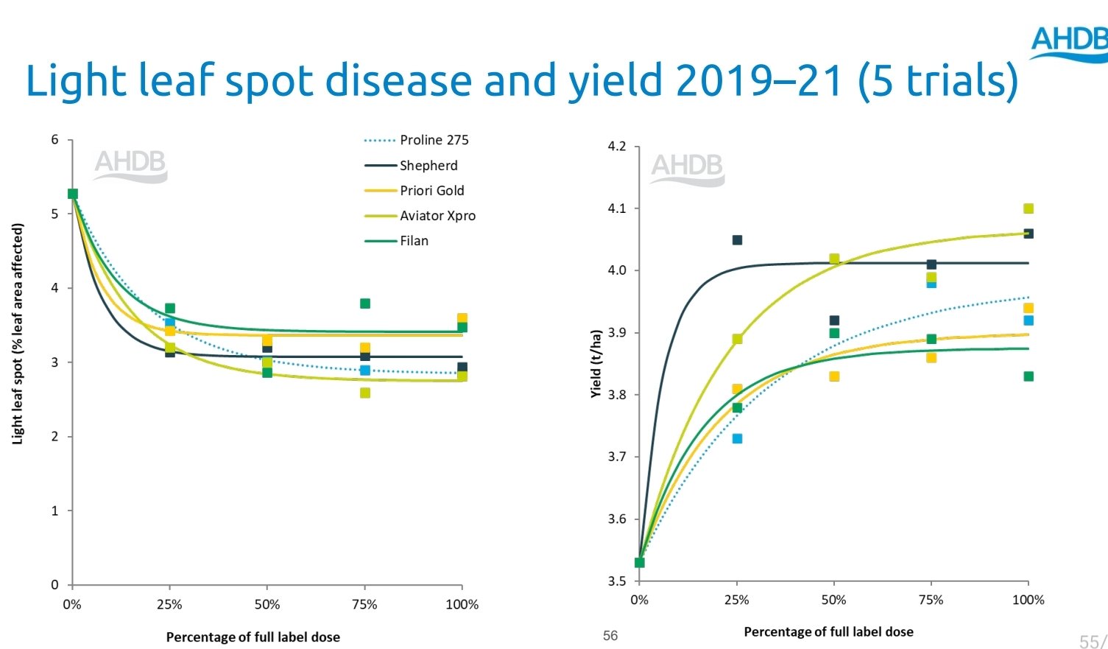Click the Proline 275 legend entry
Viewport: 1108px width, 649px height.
point(434,140)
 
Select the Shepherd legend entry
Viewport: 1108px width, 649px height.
point(428,166)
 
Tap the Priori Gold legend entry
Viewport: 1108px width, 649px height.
point(431,191)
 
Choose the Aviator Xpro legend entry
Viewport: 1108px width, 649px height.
point(437,216)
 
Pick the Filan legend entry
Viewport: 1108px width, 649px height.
point(414,241)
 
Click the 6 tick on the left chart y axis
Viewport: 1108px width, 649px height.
point(54,139)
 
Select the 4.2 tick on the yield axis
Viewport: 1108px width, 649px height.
point(616,147)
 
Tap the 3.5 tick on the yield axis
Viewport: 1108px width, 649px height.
point(616,581)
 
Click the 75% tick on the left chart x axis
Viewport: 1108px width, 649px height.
point(364,605)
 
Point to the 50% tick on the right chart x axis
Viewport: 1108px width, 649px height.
point(833,600)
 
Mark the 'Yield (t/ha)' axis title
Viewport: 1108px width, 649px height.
point(596,364)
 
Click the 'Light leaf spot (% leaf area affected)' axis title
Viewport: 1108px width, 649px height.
point(18,334)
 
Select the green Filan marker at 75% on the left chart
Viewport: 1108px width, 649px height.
point(365,304)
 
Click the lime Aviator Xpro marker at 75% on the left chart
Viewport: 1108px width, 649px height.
point(365,393)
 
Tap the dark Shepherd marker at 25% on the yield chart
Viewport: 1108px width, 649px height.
point(737,240)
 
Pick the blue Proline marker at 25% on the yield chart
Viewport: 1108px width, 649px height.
point(737,438)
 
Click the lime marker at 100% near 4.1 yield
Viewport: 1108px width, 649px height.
point(1028,208)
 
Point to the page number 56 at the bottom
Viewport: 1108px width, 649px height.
point(610,636)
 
